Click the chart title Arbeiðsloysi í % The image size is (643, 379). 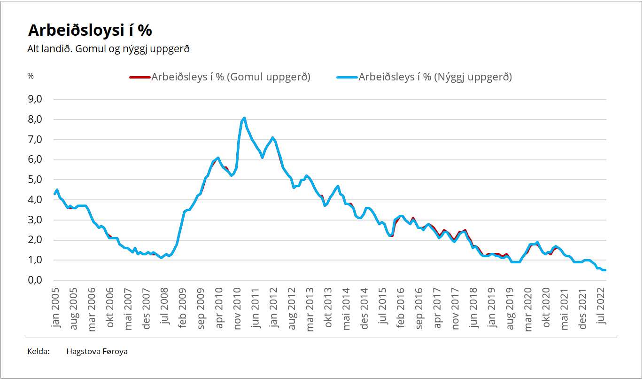pyautogui.click(x=90, y=30)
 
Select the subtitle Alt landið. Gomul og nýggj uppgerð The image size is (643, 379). pyautogui.click(x=108, y=49)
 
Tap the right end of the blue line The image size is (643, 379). pyautogui.click(x=605, y=270)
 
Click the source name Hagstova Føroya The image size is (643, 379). pyautogui.click(x=97, y=351)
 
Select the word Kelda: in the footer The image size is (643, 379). pyautogui.click(x=39, y=351)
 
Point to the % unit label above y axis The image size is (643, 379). pyautogui.click(x=31, y=76)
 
